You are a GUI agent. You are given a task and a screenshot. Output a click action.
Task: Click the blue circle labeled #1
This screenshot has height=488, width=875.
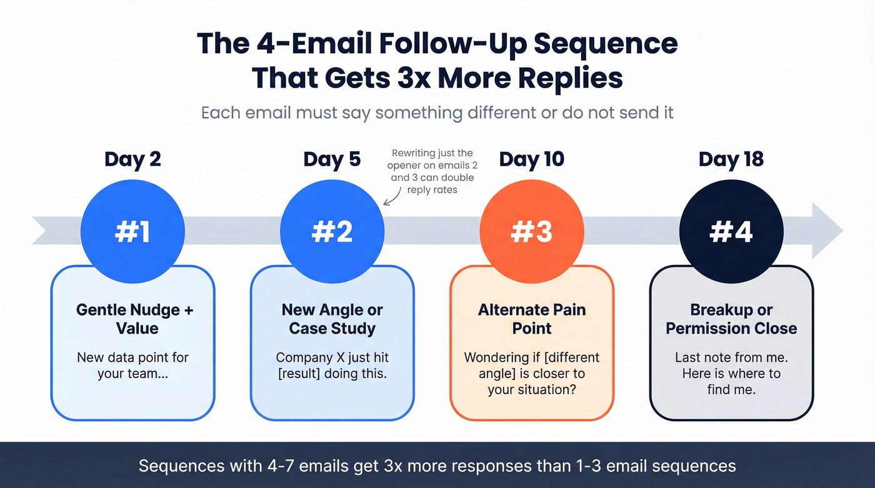pos(133,231)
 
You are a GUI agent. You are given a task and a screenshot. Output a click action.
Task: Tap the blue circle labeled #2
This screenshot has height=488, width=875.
pos(332,231)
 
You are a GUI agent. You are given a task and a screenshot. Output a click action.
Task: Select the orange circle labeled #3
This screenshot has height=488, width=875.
pos(532,231)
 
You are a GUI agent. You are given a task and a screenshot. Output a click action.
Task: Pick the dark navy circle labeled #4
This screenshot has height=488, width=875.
pos(731,231)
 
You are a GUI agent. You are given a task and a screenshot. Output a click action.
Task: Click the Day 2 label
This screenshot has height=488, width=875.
pos(132,159)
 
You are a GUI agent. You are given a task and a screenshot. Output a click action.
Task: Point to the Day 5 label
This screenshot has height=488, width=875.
pos(332,159)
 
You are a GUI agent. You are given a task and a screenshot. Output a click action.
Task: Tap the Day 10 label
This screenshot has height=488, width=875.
pos(531,159)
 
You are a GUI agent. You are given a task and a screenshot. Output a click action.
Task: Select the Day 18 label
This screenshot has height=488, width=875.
pos(731,159)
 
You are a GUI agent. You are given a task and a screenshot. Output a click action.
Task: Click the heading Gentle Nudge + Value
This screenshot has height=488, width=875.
pos(135,319)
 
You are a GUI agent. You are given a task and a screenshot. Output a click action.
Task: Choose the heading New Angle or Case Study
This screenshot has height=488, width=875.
pos(332,319)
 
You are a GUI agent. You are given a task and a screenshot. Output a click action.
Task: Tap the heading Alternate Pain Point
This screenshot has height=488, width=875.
pos(532,319)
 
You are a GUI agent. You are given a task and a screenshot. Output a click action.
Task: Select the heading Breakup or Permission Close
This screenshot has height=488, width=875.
pos(731,319)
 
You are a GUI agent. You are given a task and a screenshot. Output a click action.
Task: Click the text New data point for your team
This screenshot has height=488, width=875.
pos(132,366)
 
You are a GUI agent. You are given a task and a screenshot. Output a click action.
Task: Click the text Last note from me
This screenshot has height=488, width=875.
pos(731,357)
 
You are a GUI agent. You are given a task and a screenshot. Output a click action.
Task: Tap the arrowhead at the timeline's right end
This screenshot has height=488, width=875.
pos(827,230)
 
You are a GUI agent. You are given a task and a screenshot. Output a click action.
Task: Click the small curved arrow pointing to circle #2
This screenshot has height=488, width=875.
pos(391,199)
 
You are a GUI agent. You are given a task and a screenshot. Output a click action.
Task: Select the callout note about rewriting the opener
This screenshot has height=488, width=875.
pos(432,171)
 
